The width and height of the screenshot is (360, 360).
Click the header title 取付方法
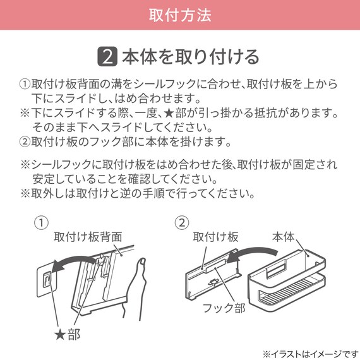pos(180,14)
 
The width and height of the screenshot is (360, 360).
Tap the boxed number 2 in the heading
pos(107,56)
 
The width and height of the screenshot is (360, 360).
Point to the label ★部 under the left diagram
pos(68,333)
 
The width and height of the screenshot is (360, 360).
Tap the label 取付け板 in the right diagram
pos(215,237)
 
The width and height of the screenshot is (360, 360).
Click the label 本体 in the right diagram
pos(283,237)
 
